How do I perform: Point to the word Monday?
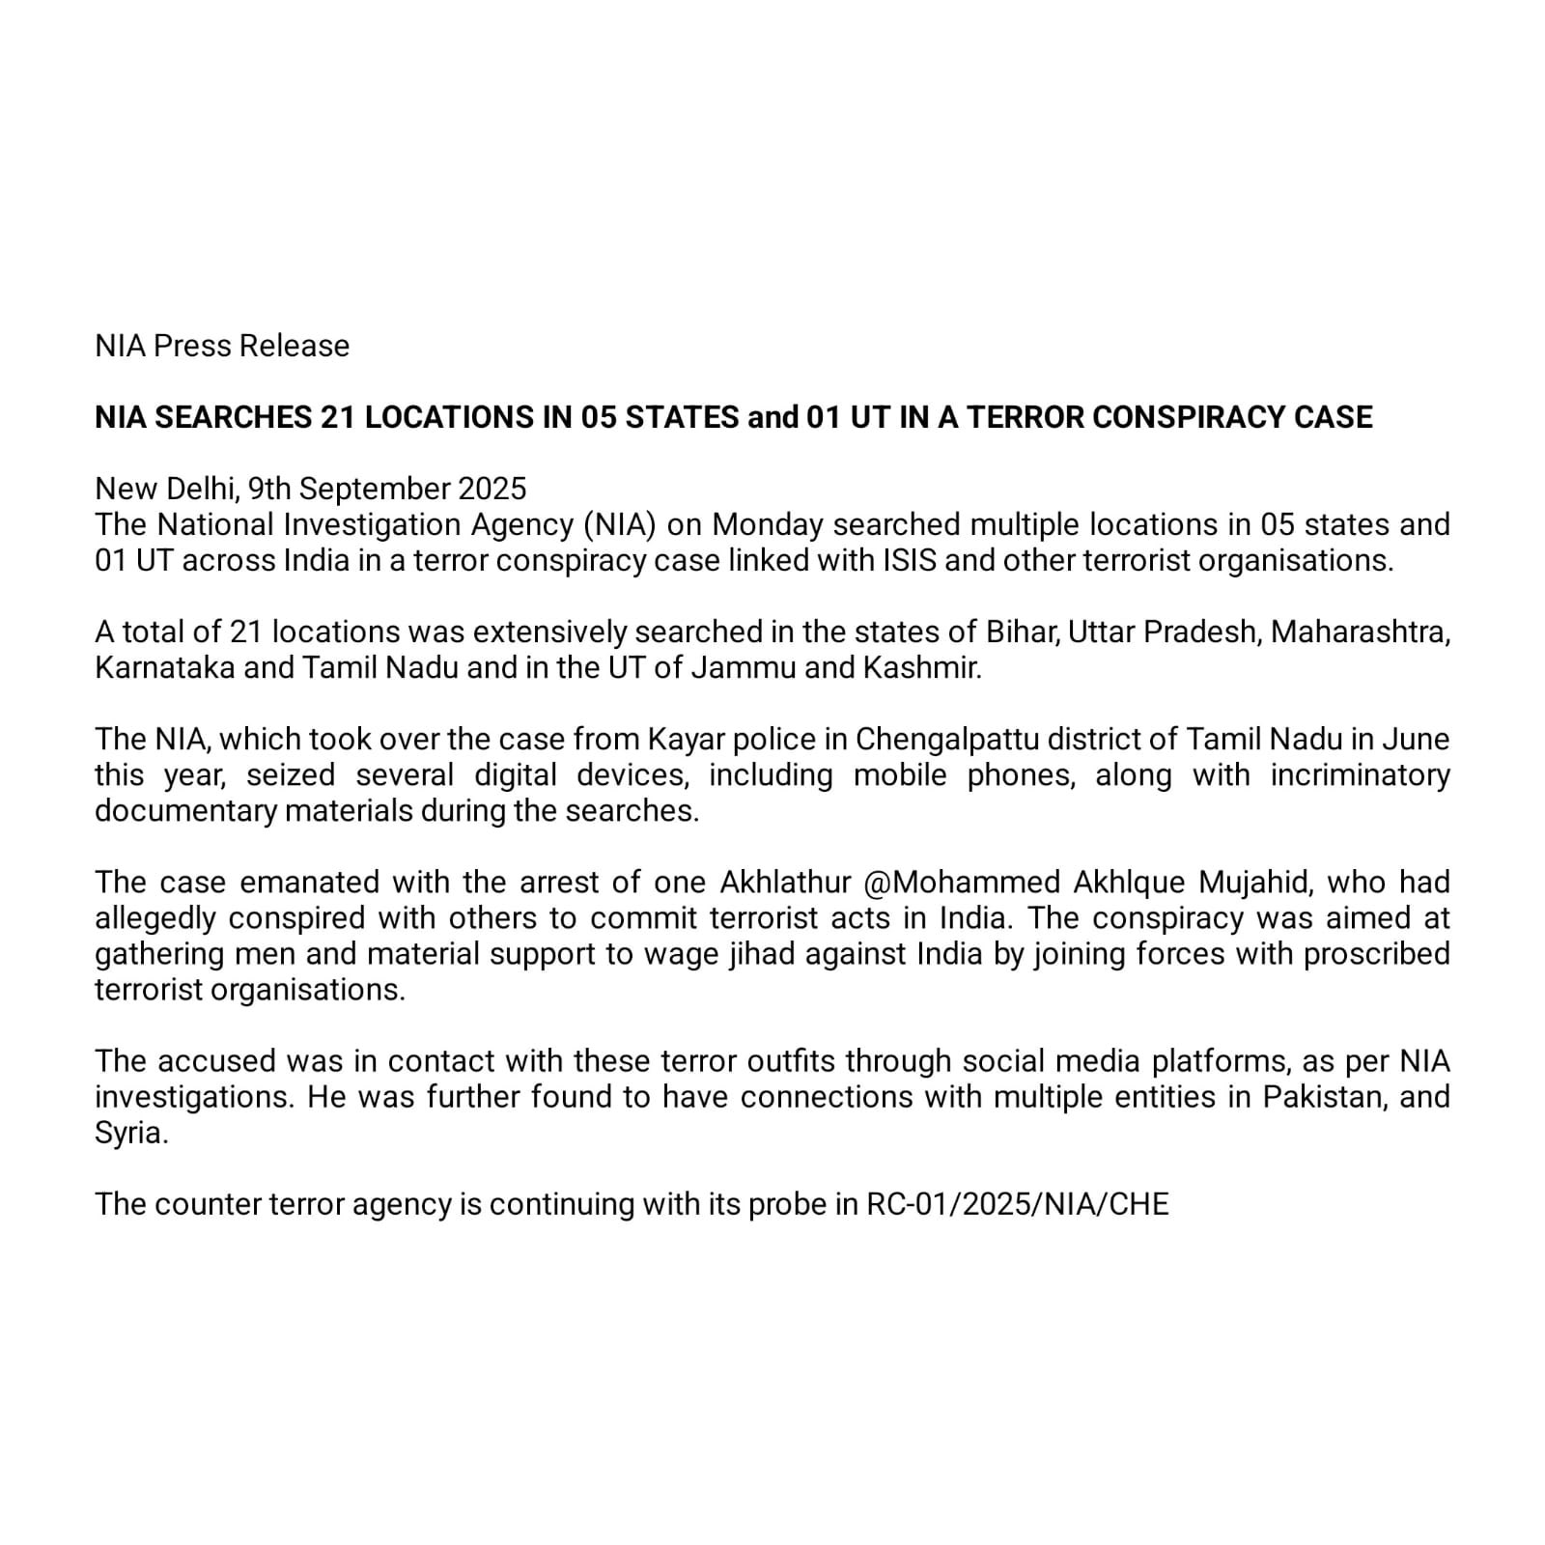(768, 524)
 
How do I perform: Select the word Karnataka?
(164, 667)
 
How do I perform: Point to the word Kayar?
(686, 739)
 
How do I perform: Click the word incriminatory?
(1360, 774)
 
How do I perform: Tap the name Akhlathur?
(785, 882)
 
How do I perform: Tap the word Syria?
(131, 1132)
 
